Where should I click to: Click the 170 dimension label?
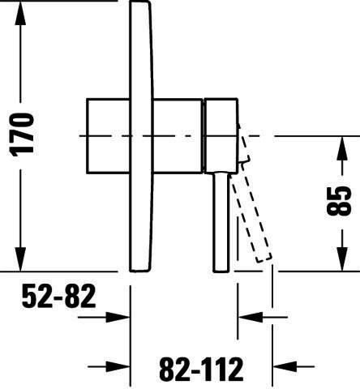22,135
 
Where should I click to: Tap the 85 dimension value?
339,201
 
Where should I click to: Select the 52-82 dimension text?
58,297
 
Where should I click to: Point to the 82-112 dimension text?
201,369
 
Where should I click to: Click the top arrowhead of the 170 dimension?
20,14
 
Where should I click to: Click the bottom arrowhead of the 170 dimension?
20,259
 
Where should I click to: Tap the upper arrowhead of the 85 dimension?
342,148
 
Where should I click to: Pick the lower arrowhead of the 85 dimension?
342,259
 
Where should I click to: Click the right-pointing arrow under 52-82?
104,317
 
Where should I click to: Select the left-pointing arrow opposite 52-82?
263,317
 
